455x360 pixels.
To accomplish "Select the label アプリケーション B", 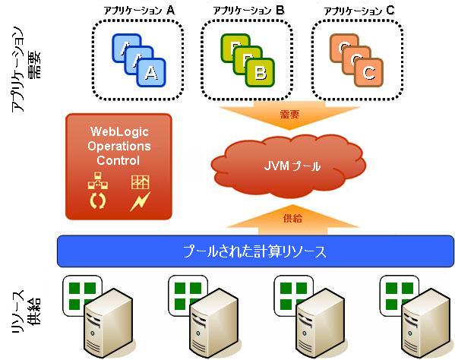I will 248,11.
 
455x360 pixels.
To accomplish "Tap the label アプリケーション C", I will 359,11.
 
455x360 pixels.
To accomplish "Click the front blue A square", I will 151,72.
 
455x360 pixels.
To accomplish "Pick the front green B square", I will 260,72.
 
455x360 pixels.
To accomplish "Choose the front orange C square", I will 369,72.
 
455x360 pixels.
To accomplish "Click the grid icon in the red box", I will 141,182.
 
